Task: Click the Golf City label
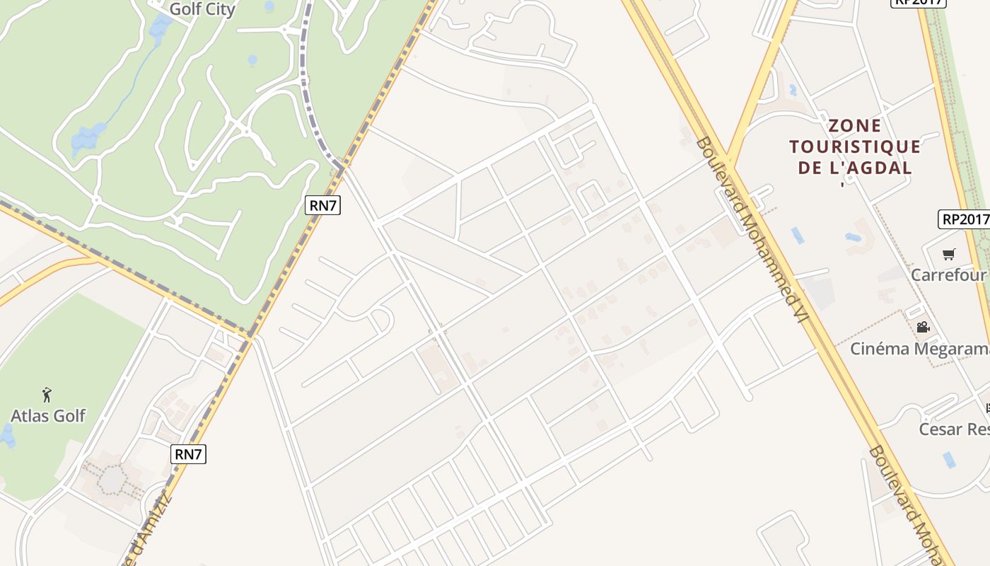(x=202, y=9)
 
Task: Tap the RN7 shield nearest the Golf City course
(x=323, y=206)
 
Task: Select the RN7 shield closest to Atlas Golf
(x=189, y=454)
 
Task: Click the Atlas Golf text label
(x=48, y=415)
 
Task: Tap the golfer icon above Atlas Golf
(x=47, y=394)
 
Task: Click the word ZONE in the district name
(x=855, y=126)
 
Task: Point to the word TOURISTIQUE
(x=855, y=147)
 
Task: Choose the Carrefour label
(x=948, y=275)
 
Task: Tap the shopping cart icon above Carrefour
(x=949, y=254)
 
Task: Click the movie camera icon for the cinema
(x=923, y=327)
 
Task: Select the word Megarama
(x=952, y=349)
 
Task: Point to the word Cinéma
(x=880, y=349)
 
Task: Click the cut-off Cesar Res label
(x=953, y=429)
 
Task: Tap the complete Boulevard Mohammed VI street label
(x=752, y=229)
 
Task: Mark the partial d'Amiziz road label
(x=148, y=527)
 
